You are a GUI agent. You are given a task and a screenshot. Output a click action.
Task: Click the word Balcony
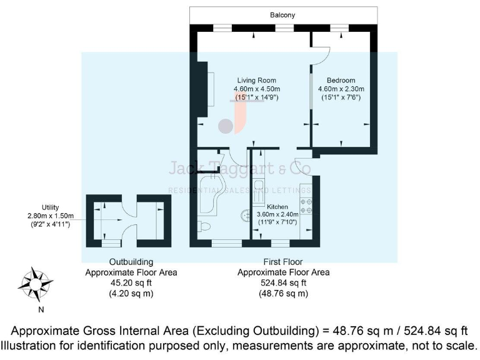283,15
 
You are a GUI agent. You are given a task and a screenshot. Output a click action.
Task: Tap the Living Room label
256,81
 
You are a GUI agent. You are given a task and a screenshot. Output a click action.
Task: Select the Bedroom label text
341,81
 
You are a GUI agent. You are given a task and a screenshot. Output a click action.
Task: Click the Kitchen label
277,206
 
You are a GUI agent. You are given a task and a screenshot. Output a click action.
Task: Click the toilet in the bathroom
207,224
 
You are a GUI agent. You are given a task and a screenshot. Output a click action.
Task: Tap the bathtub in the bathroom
212,194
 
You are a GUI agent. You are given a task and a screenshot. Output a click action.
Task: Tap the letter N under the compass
41,309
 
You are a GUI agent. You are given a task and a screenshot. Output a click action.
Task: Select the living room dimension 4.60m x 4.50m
256,89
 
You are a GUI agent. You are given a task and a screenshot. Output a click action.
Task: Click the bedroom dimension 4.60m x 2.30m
341,89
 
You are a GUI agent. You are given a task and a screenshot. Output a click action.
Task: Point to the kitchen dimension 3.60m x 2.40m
277,214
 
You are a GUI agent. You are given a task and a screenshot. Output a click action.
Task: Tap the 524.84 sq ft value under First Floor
283,282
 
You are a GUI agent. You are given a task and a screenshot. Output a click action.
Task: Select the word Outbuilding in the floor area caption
131,262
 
